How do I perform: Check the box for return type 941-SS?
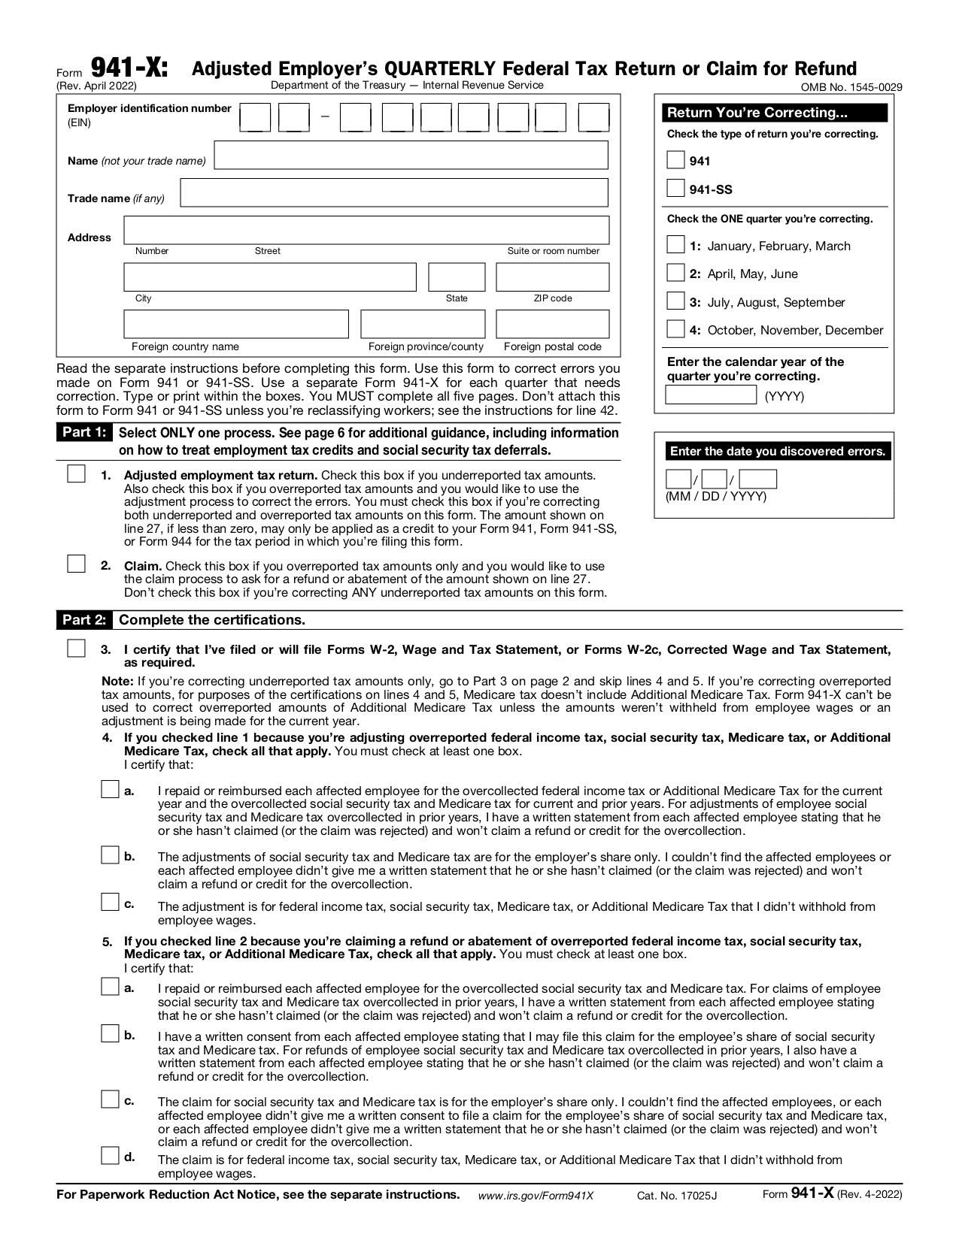pos(675,189)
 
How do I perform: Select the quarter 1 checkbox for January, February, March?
pos(675,245)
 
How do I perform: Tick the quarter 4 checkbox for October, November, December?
pos(675,329)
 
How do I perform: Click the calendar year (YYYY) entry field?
pos(710,395)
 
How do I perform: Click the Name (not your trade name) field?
pos(411,156)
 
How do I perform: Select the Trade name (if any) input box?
pos(393,192)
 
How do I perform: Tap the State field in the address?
pos(457,277)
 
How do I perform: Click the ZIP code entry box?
pos(552,277)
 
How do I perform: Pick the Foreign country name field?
pos(236,324)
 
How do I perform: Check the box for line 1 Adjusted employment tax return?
pos(76,474)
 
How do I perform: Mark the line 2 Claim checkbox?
pos(76,564)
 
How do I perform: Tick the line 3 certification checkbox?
pos(76,648)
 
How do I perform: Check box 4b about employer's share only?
pos(110,855)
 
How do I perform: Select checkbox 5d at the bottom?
pos(110,1155)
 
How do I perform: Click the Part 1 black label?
pos(83,433)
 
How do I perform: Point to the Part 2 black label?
pos(83,620)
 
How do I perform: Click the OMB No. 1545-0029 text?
pos(851,87)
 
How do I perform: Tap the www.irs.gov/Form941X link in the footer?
pos(536,1196)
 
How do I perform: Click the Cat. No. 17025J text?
pos(677,1196)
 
